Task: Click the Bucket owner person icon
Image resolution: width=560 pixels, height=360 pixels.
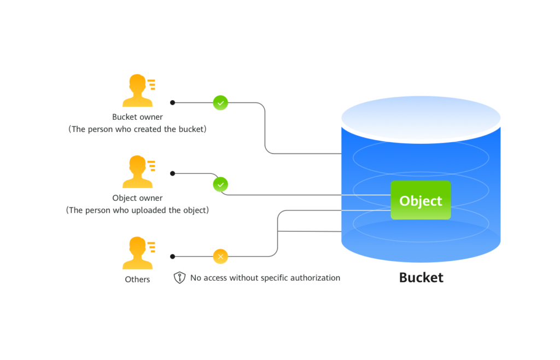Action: tap(137, 91)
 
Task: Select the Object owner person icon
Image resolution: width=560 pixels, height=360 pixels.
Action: tap(137, 172)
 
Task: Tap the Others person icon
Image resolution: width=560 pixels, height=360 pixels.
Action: tap(137, 253)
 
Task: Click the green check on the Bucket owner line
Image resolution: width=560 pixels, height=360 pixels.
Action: tap(220, 102)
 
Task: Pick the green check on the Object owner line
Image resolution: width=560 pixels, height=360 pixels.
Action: tap(220, 184)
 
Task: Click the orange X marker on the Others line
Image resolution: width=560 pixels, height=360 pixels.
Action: tap(220, 256)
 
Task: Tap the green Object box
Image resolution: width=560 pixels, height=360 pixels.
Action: tap(421, 200)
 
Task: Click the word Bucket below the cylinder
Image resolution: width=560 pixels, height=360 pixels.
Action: tap(421, 277)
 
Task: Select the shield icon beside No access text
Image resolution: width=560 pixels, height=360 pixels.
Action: tap(179, 277)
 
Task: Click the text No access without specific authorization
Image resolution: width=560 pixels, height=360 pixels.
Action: tap(265, 278)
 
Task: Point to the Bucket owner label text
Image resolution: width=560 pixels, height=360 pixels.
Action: tap(137, 117)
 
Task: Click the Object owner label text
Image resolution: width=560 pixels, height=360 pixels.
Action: tap(137, 198)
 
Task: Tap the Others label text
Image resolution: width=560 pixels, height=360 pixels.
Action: tap(137, 279)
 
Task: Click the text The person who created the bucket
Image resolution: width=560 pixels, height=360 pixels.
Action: tap(137, 129)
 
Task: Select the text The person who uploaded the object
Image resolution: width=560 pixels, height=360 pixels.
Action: tap(137, 210)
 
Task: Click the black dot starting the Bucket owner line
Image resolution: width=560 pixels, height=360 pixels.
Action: tap(172, 102)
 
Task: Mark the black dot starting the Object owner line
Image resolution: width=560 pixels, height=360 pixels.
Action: tap(172, 173)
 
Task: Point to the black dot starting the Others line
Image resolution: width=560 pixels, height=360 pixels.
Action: tap(172, 256)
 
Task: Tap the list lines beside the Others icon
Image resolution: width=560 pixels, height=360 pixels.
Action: tap(151, 246)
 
